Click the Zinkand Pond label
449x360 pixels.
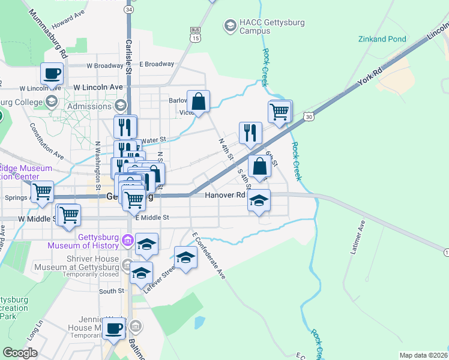(382, 39)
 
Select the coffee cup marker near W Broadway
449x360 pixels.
(52, 74)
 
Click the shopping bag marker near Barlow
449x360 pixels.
(199, 101)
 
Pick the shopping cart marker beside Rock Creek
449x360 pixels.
(280, 111)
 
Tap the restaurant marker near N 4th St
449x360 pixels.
(250, 133)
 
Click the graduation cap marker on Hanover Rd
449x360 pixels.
(259, 200)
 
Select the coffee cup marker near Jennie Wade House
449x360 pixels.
(113, 328)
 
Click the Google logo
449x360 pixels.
(20, 353)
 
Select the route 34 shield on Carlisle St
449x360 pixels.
(128, 10)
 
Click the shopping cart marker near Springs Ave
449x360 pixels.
(42, 192)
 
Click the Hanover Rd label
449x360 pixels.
(225, 195)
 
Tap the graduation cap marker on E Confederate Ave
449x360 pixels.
(185, 257)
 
